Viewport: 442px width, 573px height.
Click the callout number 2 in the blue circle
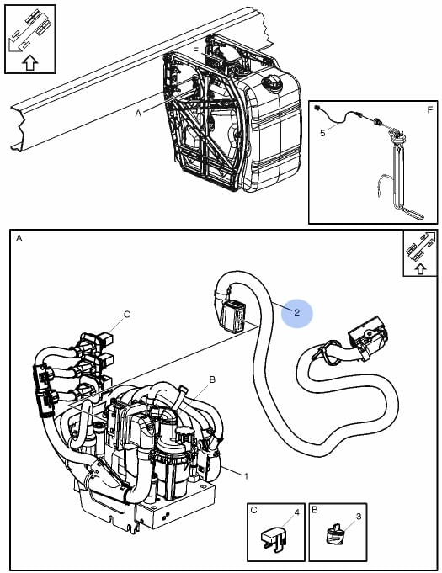click(x=296, y=312)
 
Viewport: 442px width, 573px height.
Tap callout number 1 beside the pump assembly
click(x=246, y=476)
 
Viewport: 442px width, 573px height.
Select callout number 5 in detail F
click(x=322, y=133)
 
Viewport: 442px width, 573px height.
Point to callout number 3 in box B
click(x=359, y=517)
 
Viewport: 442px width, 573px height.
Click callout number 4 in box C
click(x=297, y=512)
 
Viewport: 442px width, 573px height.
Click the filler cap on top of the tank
click(x=272, y=83)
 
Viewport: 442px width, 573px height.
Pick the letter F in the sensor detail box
click(x=430, y=109)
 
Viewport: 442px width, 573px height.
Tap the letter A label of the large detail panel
click(x=19, y=239)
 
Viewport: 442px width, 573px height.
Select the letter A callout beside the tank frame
click(x=138, y=114)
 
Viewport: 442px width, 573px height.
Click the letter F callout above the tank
click(x=195, y=51)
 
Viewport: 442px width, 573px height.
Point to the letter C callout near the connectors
click(x=127, y=315)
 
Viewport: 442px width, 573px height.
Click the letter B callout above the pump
click(x=212, y=379)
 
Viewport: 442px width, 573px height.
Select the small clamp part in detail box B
click(x=333, y=533)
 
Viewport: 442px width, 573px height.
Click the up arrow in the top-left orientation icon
click(x=30, y=62)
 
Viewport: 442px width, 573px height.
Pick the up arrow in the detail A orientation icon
click(x=420, y=269)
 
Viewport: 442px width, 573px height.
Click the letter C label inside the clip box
click(x=253, y=510)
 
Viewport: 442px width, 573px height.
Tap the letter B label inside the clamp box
click(x=315, y=510)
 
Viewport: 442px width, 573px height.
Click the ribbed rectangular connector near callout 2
click(x=233, y=316)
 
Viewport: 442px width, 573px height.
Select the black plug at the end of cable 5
click(x=317, y=109)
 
